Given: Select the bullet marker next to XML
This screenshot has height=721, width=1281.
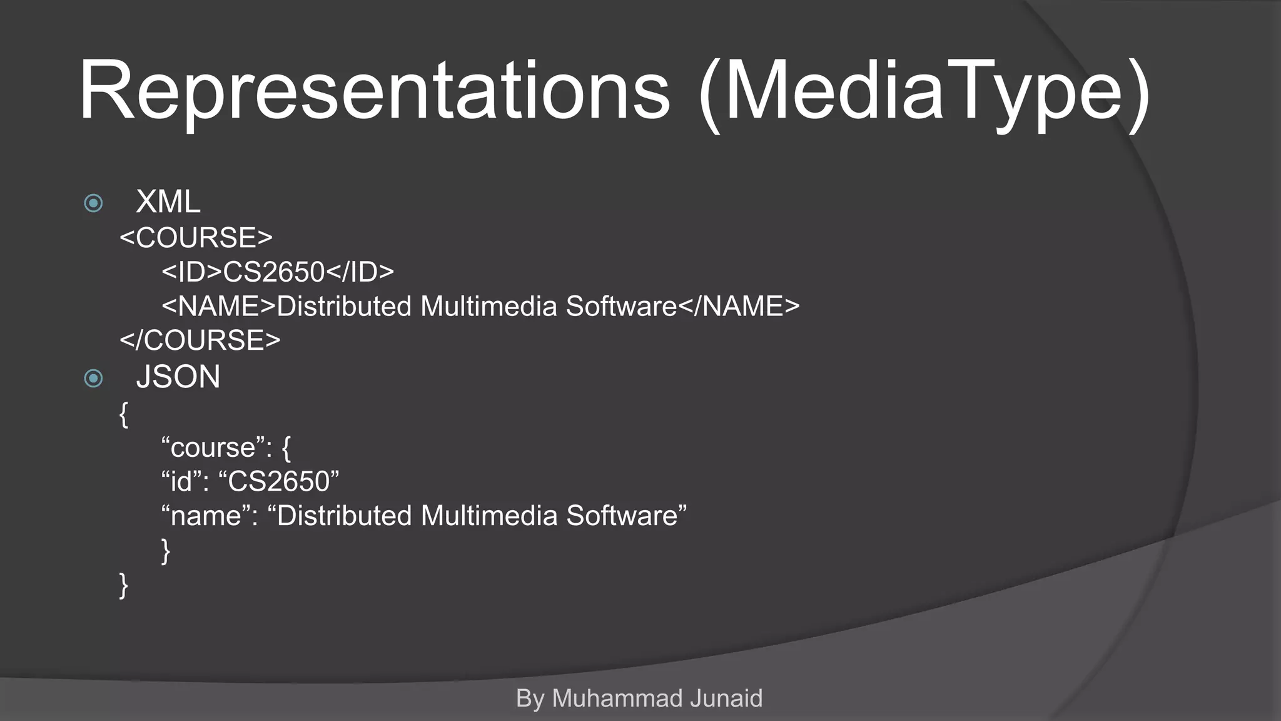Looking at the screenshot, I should [93, 203].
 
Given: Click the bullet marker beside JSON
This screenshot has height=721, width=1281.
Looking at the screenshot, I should [93, 378].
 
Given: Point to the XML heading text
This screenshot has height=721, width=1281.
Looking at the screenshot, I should [168, 202].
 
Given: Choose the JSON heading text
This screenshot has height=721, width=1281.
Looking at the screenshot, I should [178, 377].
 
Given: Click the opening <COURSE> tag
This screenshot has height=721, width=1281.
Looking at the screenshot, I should [196, 238].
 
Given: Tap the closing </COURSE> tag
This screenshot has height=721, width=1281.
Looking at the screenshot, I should [200, 340].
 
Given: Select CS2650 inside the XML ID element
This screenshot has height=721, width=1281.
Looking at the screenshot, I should [274, 272].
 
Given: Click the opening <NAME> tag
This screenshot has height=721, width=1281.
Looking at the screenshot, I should [218, 307].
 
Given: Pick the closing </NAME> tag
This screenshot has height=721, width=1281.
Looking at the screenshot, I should [739, 307].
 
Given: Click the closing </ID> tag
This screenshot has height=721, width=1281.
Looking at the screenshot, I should [360, 272].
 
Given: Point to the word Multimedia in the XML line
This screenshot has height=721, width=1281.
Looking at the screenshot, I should [489, 307].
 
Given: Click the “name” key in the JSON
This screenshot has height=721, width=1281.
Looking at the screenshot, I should [206, 516].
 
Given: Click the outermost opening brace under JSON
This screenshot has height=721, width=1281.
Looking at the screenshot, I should [124, 414].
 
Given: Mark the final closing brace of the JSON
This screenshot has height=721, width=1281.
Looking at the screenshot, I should [124, 585].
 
